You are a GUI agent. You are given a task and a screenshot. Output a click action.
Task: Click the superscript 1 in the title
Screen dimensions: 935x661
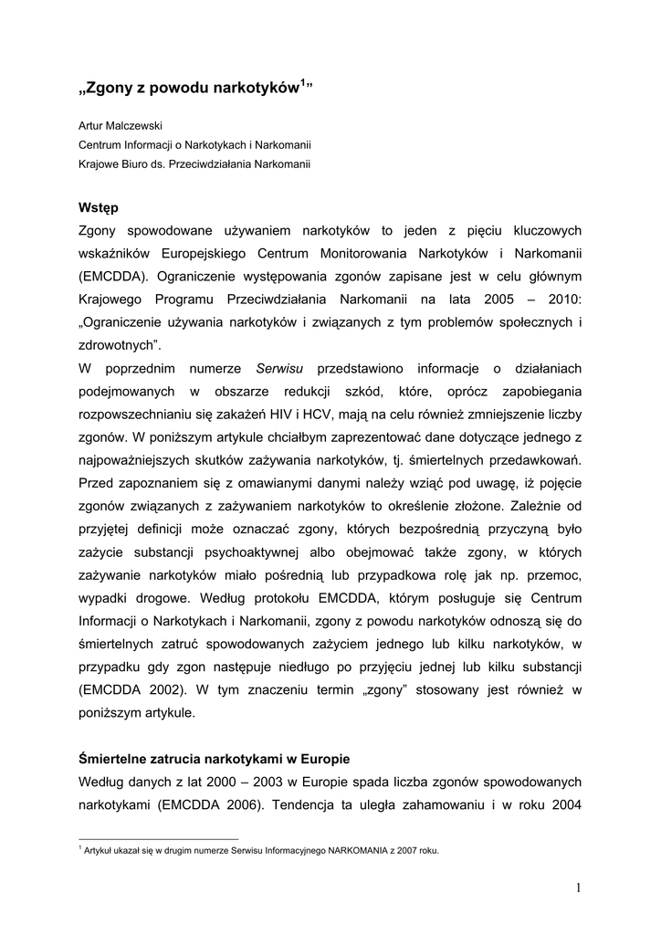(x=302, y=83)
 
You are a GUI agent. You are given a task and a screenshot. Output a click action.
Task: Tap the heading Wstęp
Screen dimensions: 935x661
(x=100, y=207)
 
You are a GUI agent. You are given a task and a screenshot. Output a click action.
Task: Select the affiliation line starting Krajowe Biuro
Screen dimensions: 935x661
(x=194, y=164)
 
